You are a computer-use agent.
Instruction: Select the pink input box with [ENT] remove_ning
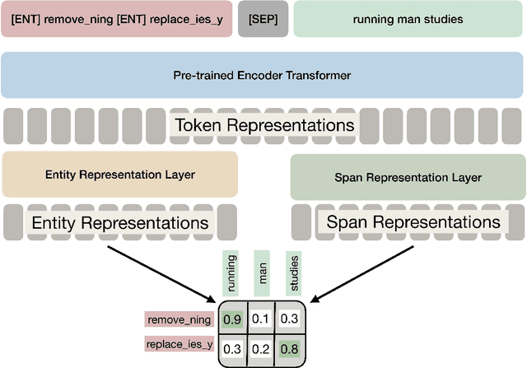[x=116, y=18]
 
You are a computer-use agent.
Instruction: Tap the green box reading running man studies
[x=407, y=18]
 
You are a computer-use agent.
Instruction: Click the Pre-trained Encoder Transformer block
[x=262, y=75]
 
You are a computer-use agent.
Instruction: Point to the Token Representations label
[x=263, y=125]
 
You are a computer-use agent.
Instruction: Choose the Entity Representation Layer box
[x=120, y=175]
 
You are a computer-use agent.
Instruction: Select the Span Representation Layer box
[x=408, y=177]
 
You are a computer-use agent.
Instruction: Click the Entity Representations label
[x=119, y=222]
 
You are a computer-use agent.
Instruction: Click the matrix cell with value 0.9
[x=233, y=319]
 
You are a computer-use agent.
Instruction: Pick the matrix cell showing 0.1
[x=261, y=319]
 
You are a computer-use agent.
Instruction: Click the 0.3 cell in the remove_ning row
[x=289, y=319]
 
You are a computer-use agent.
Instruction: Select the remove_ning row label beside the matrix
[x=178, y=319]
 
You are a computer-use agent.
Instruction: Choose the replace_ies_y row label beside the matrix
[x=178, y=345]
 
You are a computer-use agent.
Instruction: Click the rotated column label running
[x=232, y=274]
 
